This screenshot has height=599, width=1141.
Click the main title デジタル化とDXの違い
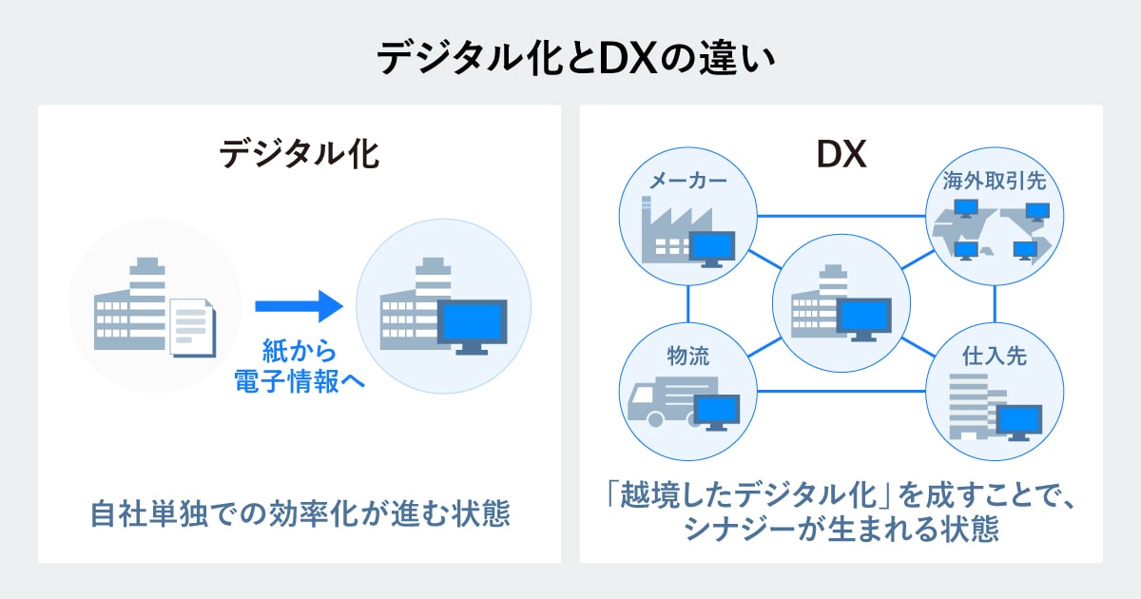tap(570, 58)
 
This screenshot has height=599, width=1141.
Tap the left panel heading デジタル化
tap(299, 153)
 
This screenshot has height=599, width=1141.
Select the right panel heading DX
tap(841, 153)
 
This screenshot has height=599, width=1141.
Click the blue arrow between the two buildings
tap(298, 306)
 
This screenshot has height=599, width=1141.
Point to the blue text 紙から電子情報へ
tap(299, 367)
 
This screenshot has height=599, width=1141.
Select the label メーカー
tap(688, 181)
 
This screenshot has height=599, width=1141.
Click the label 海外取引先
tap(994, 181)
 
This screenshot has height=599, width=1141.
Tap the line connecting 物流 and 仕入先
tap(841, 390)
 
